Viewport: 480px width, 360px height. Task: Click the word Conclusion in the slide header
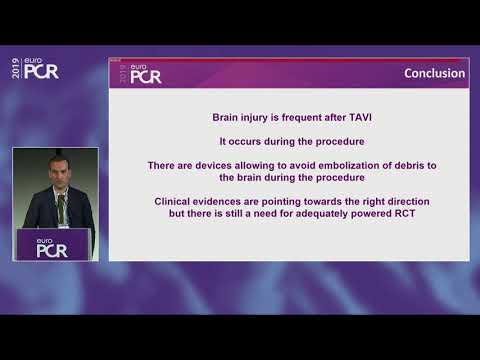[434, 73]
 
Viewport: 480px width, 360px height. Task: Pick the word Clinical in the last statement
[176, 200]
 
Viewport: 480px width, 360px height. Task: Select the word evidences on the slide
[228, 200]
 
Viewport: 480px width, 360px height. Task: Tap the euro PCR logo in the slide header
[141, 75]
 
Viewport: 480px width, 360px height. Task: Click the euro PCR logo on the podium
[51, 247]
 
